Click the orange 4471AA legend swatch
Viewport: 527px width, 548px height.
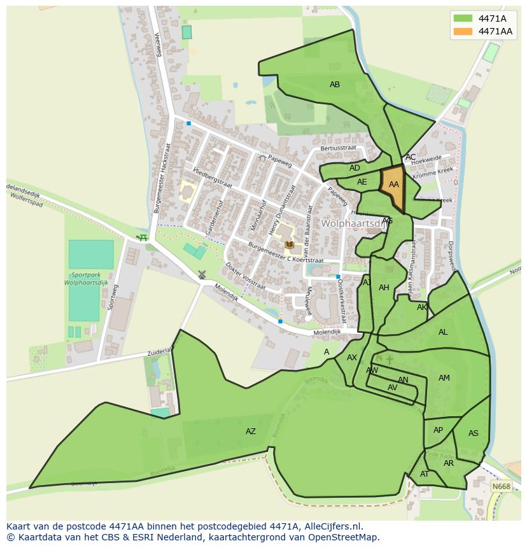[x=463, y=31]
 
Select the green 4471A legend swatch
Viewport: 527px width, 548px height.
[x=463, y=18]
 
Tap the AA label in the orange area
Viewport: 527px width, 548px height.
[x=393, y=185]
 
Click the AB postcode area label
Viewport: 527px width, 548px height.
[x=334, y=85]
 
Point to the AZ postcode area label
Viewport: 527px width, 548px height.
[x=251, y=432]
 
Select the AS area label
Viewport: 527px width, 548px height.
[x=473, y=433]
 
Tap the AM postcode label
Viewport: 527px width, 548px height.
[x=444, y=378]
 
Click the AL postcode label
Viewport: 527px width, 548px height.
[x=443, y=332]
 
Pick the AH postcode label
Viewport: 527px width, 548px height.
[x=384, y=288]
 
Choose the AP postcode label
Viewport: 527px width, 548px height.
[x=438, y=430]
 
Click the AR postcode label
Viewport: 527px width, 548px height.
[x=449, y=463]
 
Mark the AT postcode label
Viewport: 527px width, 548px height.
[x=425, y=474]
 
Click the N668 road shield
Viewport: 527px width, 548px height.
[x=501, y=487]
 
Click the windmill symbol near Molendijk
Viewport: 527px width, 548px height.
[x=202, y=275]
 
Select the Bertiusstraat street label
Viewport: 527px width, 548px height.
[x=339, y=148]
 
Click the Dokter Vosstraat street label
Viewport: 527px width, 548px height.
[x=245, y=276]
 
